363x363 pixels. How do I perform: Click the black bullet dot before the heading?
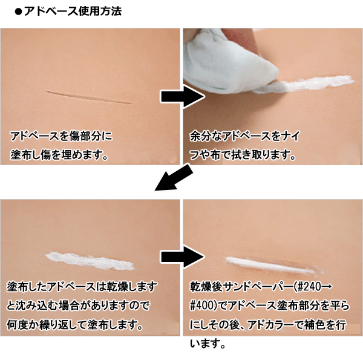[x=18, y=11]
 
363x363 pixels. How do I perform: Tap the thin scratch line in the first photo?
[x=91, y=97]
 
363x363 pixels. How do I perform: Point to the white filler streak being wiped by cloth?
[x=315, y=84]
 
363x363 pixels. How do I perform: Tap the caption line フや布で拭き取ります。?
[x=242, y=154]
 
